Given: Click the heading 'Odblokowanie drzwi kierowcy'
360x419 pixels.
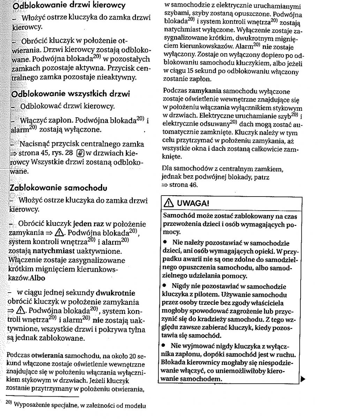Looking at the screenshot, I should (69, 5).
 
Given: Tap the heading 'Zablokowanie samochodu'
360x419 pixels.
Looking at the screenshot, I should (58, 188).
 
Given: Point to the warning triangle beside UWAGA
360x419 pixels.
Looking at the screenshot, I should (170, 203).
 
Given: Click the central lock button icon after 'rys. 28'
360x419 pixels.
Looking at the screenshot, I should (80, 153).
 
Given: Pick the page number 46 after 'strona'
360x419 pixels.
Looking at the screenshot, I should (193, 185).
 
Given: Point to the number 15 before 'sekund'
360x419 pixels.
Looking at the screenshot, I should (190, 72).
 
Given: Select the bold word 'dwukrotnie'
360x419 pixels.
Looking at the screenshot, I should (115, 293).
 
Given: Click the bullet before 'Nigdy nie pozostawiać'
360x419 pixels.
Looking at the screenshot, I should (165, 286).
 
